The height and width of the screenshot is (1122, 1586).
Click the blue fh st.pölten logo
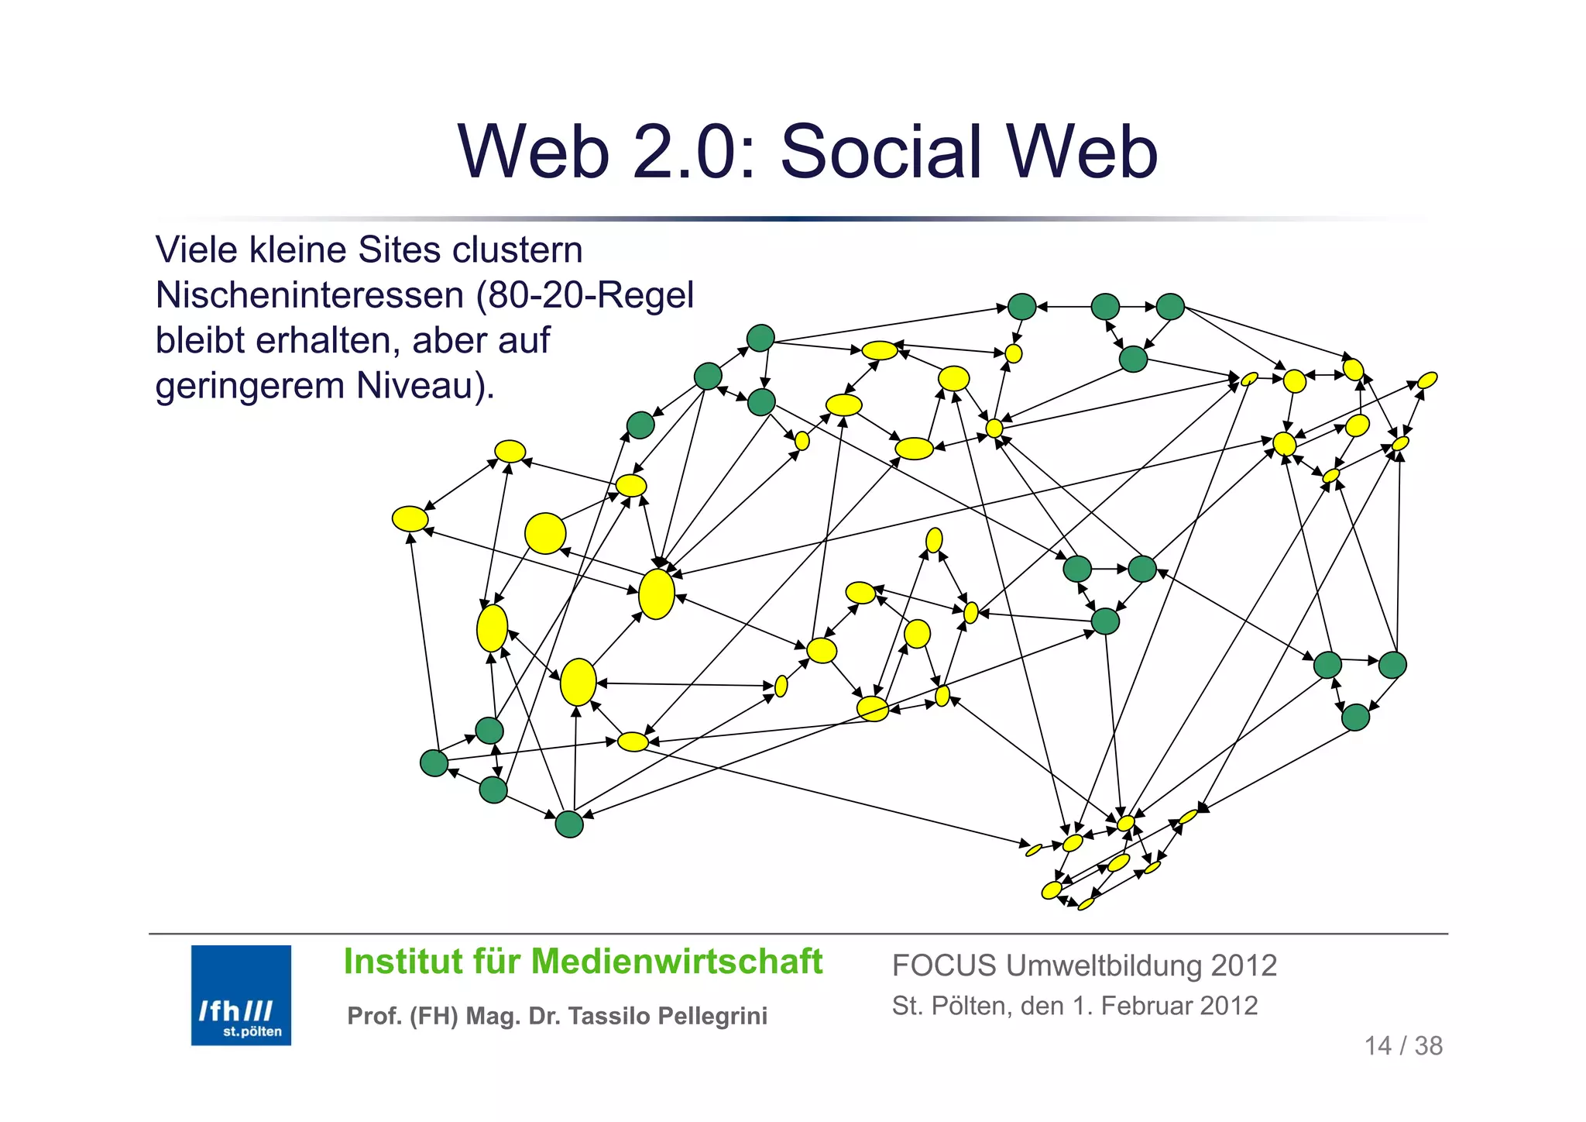(241, 994)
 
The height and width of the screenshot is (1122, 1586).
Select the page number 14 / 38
(1402, 1046)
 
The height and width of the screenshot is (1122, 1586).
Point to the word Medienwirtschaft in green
(677, 962)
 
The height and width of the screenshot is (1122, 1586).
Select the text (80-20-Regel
(585, 295)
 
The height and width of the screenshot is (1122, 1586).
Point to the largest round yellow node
(545, 533)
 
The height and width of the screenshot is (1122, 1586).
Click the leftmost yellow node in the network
(410, 518)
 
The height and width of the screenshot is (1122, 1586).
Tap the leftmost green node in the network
(434, 763)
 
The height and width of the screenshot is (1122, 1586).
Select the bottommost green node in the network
(569, 824)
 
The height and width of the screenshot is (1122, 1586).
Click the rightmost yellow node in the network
(1427, 380)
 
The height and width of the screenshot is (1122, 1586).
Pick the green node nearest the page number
(1355, 718)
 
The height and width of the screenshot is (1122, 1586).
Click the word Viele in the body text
(197, 250)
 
